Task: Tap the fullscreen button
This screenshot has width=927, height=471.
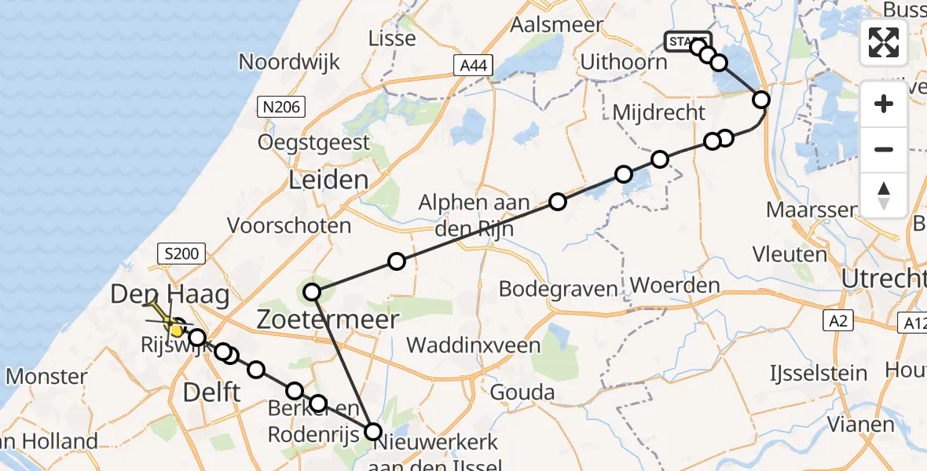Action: (884, 42)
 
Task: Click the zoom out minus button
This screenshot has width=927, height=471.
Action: (884, 149)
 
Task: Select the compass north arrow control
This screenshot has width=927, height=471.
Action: (884, 195)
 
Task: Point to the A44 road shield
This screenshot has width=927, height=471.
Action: (474, 67)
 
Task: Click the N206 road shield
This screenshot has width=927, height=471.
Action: (282, 107)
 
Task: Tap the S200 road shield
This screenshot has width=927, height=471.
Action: (181, 254)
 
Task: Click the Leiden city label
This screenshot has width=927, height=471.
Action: (328, 180)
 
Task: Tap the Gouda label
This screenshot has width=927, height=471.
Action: (522, 392)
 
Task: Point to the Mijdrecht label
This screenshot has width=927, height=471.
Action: (658, 112)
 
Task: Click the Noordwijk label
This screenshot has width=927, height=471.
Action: (289, 62)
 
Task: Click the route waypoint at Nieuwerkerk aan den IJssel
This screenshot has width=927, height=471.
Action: (373, 432)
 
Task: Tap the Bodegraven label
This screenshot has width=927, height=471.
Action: (559, 289)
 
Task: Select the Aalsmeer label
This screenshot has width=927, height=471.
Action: (556, 24)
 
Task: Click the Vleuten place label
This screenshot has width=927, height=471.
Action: (790, 254)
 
